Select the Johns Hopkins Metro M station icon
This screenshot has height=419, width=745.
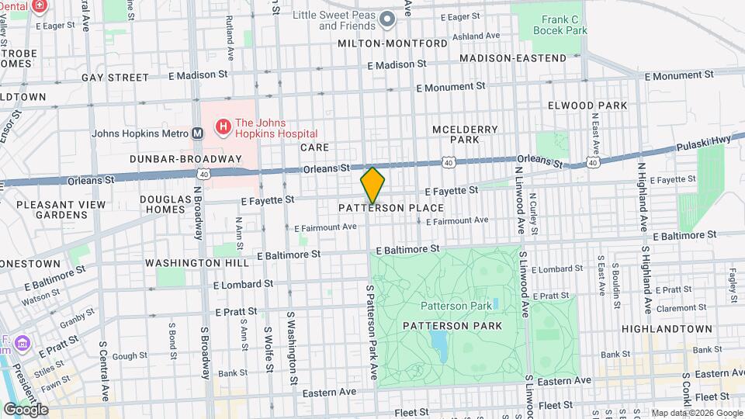(x=198, y=133)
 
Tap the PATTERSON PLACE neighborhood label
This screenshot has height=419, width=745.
(x=391, y=208)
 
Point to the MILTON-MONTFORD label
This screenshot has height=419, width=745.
(x=393, y=43)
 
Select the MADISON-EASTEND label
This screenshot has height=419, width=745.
(x=513, y=58)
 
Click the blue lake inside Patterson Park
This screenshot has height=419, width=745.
(x=438, y=342)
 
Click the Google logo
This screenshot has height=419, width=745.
(x=26, y=409)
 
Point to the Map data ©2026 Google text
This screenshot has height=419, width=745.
(x=696, y=413)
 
